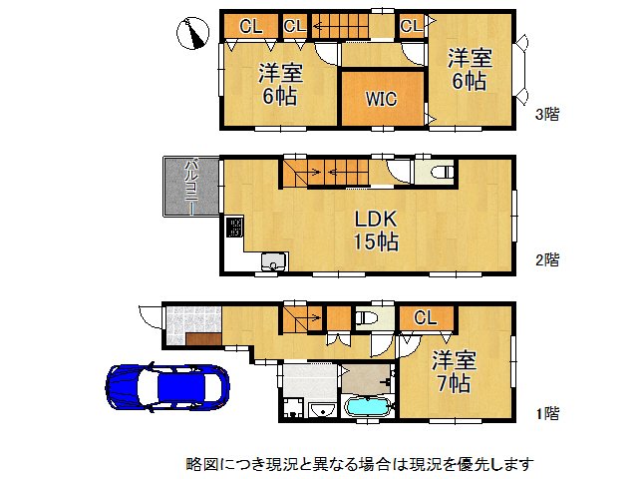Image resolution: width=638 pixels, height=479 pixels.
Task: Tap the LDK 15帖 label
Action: (x=375, y=229)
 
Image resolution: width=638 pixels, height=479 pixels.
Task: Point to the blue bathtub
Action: (x=369, y=407)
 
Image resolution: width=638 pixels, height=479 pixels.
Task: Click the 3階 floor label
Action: (x=547, y=114)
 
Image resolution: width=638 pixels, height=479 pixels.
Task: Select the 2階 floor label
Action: (x=547, y=260)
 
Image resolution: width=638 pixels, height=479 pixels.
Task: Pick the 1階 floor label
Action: (x=547, y=412)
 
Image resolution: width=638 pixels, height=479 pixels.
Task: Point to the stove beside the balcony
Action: (x=234, y=228)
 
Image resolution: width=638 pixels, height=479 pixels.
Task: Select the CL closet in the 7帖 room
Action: (x=426, y=318)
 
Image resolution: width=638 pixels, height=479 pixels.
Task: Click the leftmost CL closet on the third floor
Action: (x=251, y=26)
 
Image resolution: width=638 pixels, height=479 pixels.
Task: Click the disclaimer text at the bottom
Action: (x=360, y=464)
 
